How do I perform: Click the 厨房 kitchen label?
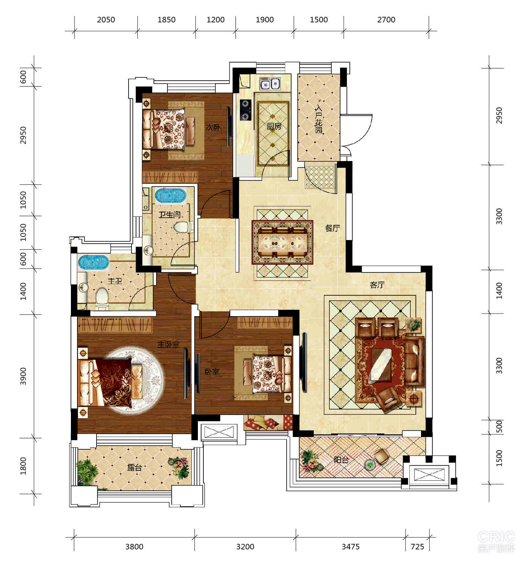click(x=274, y=126)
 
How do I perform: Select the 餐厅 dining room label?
click(x=333, y=228)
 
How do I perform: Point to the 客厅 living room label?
click(x=377, y=285)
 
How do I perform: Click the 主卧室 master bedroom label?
click(x=168, y=344)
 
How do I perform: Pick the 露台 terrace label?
click(x=134, y=468)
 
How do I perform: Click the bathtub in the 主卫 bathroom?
click(x=93, y=262)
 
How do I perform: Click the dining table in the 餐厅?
click(x=283, y=243)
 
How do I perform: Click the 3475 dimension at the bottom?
click(x=350, y=547)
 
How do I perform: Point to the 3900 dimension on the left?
click(x=23, y=376)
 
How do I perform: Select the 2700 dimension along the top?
click(x=386, y=20)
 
